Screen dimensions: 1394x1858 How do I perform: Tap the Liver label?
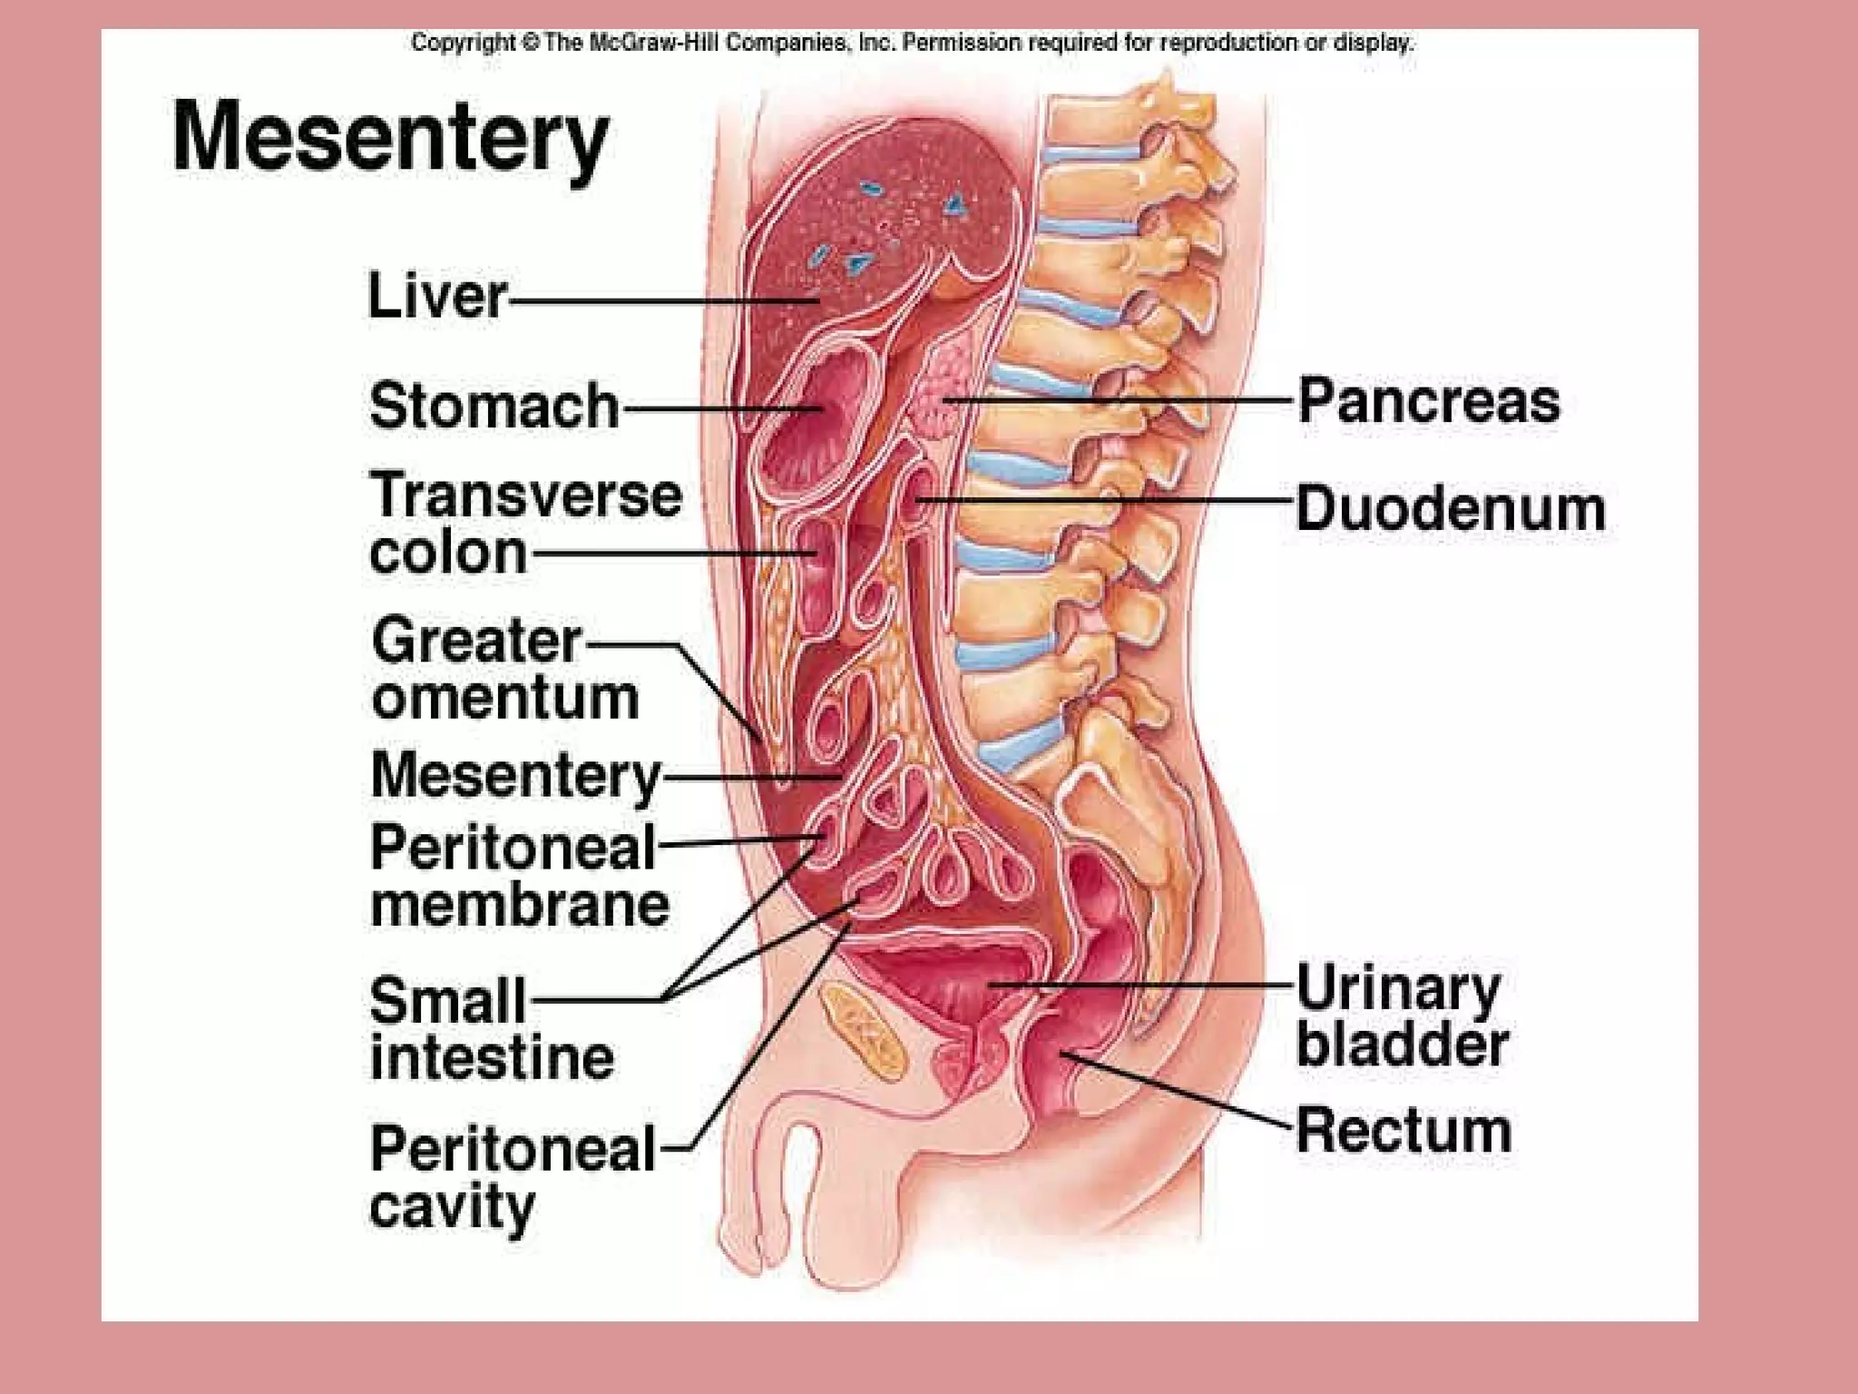click(x=436, y=296)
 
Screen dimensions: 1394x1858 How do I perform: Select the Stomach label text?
click(x=494, y=405)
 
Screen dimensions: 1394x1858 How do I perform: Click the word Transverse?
click(x=525, y=496)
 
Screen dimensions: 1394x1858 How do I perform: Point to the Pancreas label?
click(x=1428, y=401)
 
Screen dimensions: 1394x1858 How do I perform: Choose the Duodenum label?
click(x=1450, y=508)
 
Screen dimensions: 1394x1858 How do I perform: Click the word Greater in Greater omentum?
click(x=476, y=641)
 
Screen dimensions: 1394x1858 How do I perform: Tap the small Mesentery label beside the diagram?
click(x=515, y=777)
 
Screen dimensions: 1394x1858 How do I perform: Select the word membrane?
click(x=520, y=904)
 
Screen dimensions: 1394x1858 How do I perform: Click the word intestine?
click(x=492, y=1057)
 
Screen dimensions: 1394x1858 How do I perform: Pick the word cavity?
click(x=452, y=1207)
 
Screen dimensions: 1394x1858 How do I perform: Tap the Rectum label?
click(x=1403, y=1131)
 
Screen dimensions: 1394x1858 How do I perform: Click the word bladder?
click(x=1402, y=1044)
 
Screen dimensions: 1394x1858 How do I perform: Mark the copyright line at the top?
click(x=912, y=43)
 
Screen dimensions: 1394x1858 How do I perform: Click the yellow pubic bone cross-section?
click(x=862, y=1026)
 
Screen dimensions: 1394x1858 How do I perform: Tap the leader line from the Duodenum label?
click(x=1107, y=500)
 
